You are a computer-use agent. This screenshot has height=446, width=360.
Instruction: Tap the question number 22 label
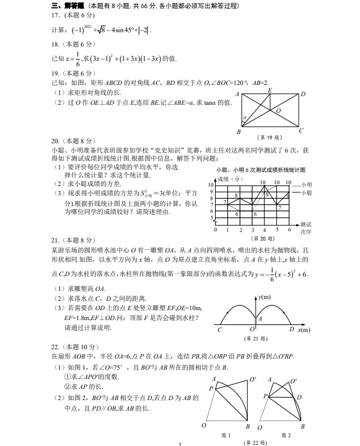tap(55, 347)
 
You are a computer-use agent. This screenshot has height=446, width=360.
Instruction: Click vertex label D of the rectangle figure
tap(303, 94)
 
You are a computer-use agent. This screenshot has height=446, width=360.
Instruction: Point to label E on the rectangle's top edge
tap(270, 91)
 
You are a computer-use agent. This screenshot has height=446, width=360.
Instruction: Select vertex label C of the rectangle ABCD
tap(301, 130)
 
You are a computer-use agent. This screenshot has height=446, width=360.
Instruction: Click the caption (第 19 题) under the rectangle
tap(270, 137)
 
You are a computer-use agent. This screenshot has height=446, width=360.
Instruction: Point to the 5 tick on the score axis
tap(211, 218)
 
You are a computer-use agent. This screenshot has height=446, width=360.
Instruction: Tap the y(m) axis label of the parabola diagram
tap(267, 298)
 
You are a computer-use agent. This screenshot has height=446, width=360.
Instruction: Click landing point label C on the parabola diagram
tap(219, 330)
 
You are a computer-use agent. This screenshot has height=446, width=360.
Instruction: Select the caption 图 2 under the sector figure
tap(286, 435)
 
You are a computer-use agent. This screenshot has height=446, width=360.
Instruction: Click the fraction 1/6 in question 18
tap(77, 59)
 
